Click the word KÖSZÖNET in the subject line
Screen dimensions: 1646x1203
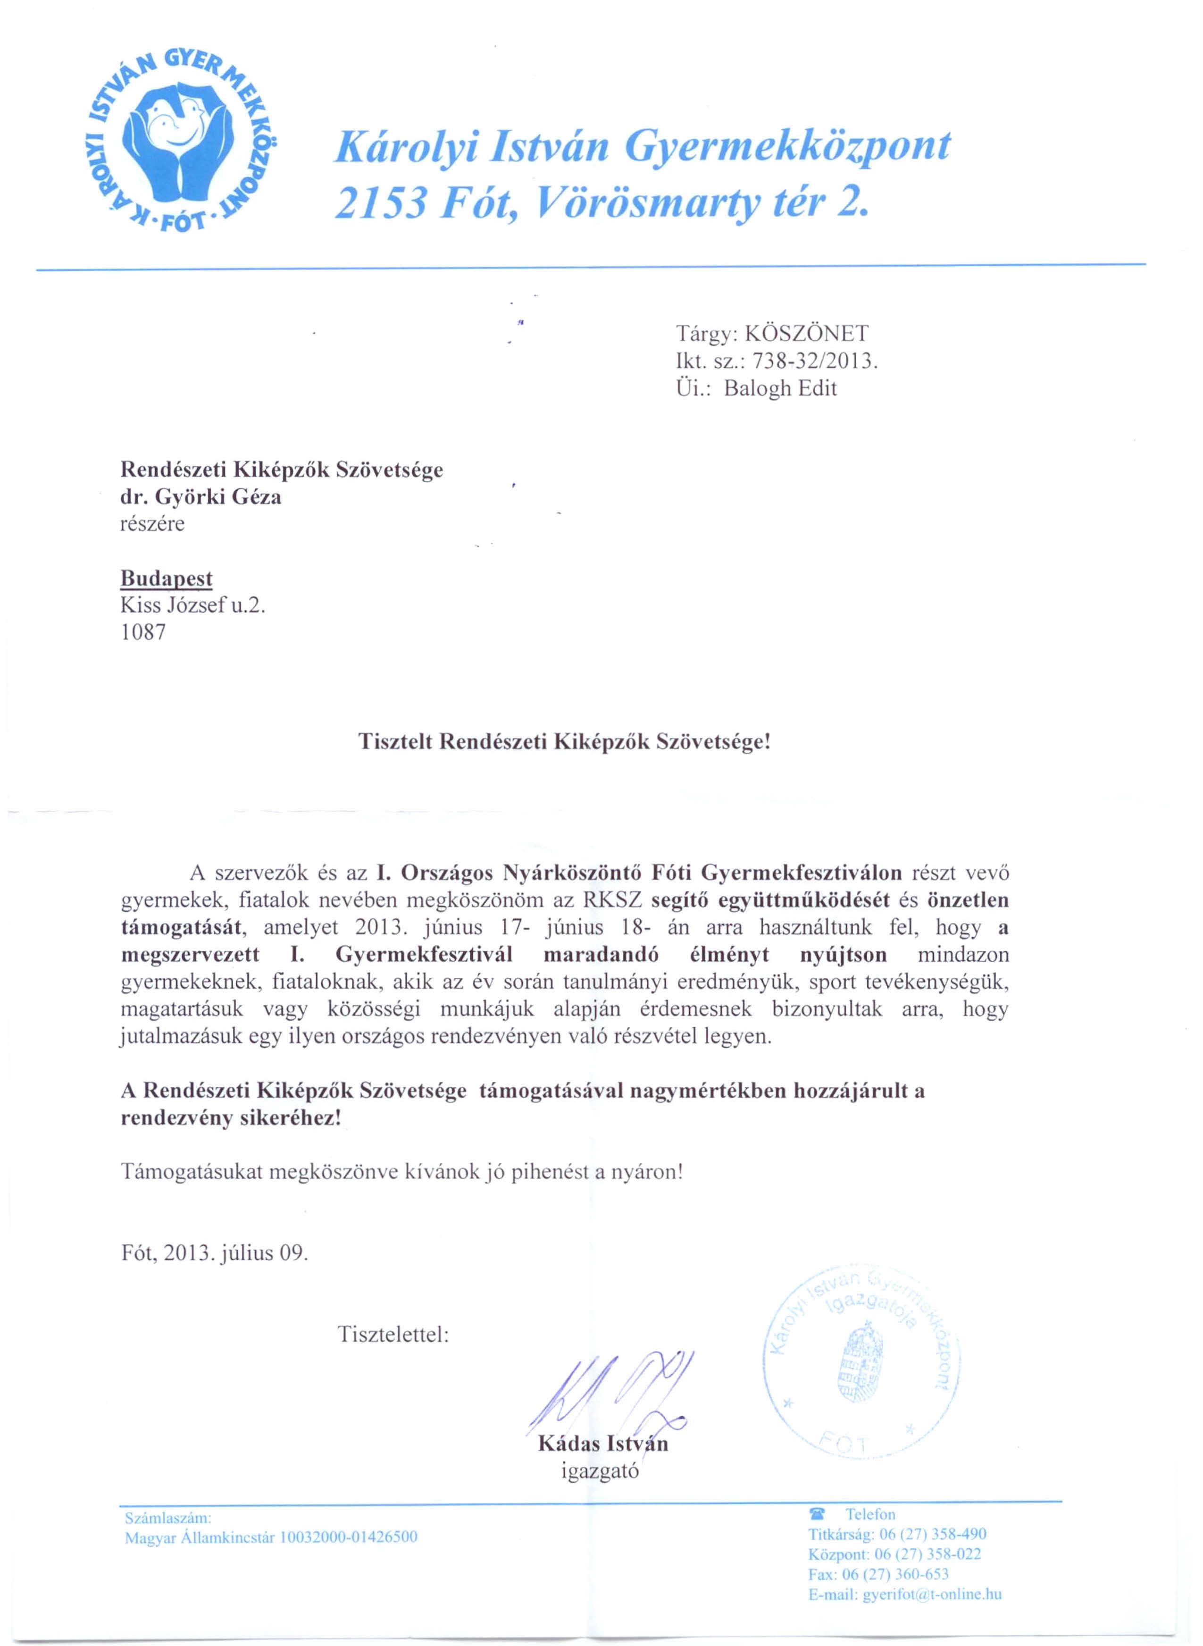point(808,334)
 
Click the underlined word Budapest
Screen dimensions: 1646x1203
point(166,579)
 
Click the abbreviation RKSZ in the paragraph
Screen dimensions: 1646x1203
point(612,900)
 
